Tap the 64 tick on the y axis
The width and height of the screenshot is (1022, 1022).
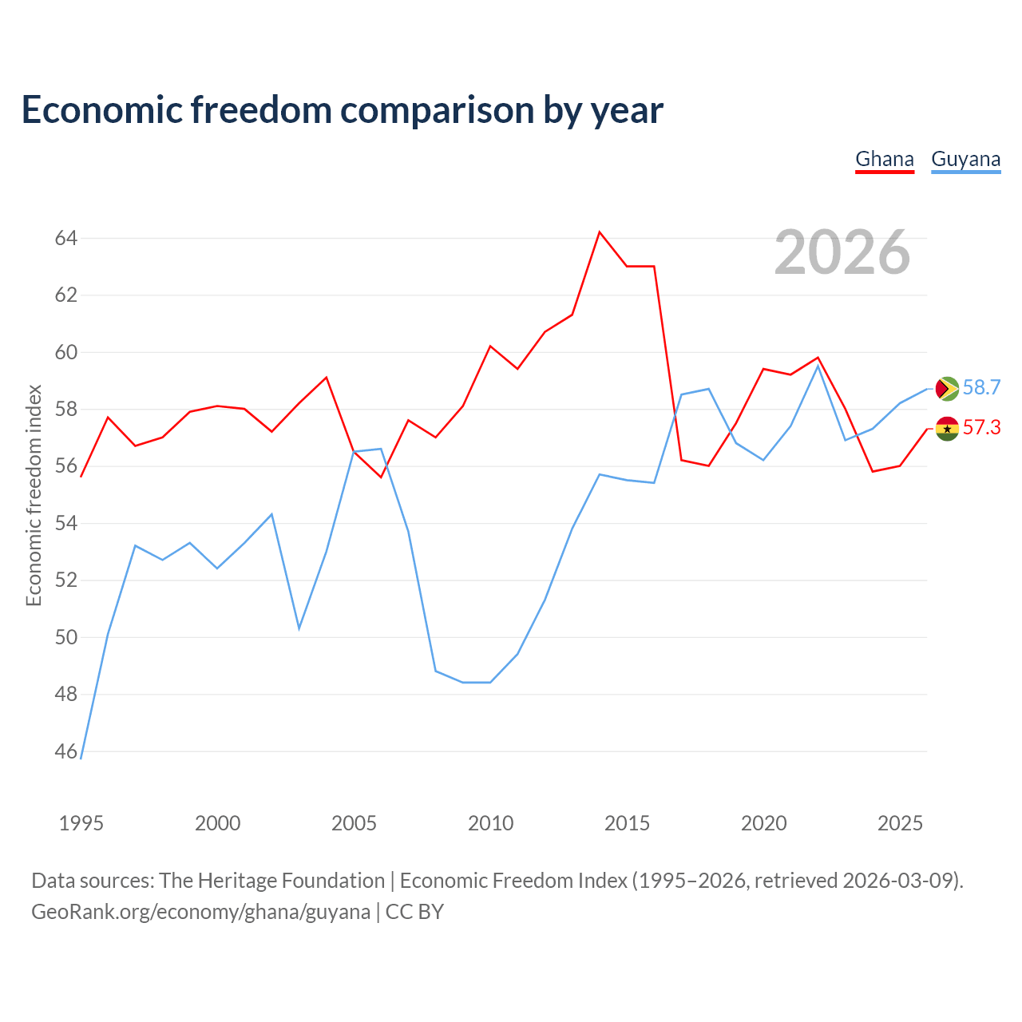pyautogui.click(x=66, y=238)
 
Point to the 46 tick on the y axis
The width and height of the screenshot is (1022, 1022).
pyautogui.click(x=66, y=751)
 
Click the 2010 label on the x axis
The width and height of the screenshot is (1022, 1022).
pyautogui.click(x=490, y=823)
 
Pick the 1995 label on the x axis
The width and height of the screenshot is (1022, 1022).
pyautogui.click(x=81, y=823)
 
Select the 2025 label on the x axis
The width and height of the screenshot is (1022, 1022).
pyautogui.click(x=900, y=823)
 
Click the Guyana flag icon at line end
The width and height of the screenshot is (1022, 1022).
pyautogui.click(x=947, y=389)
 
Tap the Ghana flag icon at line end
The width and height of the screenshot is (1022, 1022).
pyautogui.click(x=947, y=429)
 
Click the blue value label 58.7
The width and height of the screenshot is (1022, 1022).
pyautogui.click(x=982, y=388)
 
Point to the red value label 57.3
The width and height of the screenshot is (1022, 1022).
pyautogui.click(x=982, y=427)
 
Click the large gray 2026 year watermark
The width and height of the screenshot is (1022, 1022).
pyautogui.click(x=842, y=252)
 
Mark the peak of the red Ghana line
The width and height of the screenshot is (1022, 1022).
pyautogui.click(x=600, y=232)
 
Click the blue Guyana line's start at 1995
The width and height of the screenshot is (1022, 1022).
pyautogui.click(x=81, y=759)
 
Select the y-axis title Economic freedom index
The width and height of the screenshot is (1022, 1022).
pyautogui.click(x=34, y=495)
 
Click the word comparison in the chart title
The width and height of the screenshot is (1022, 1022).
pyautogui.click(x=437, y=111)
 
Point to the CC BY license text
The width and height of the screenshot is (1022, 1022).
pyautogui.click(x=414, y=913)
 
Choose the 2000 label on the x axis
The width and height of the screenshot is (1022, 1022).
pyautogui.click(x=217, y=823)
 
